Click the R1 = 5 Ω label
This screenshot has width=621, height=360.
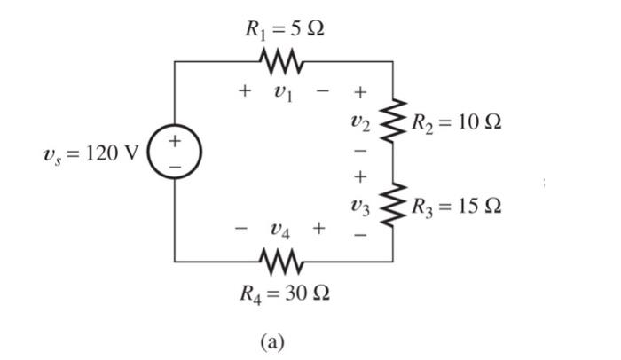[x=284, y=28]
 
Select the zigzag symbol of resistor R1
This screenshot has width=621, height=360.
[x=283, y=62]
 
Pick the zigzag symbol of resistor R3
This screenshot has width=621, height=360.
[x=393, y=206]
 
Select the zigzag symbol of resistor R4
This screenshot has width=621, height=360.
[x=283, y=262]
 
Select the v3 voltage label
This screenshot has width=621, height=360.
[x=358, y=207]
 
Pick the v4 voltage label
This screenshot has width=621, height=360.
[x=279, y=231]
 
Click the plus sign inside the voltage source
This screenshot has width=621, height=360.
[x=175, y=140]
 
